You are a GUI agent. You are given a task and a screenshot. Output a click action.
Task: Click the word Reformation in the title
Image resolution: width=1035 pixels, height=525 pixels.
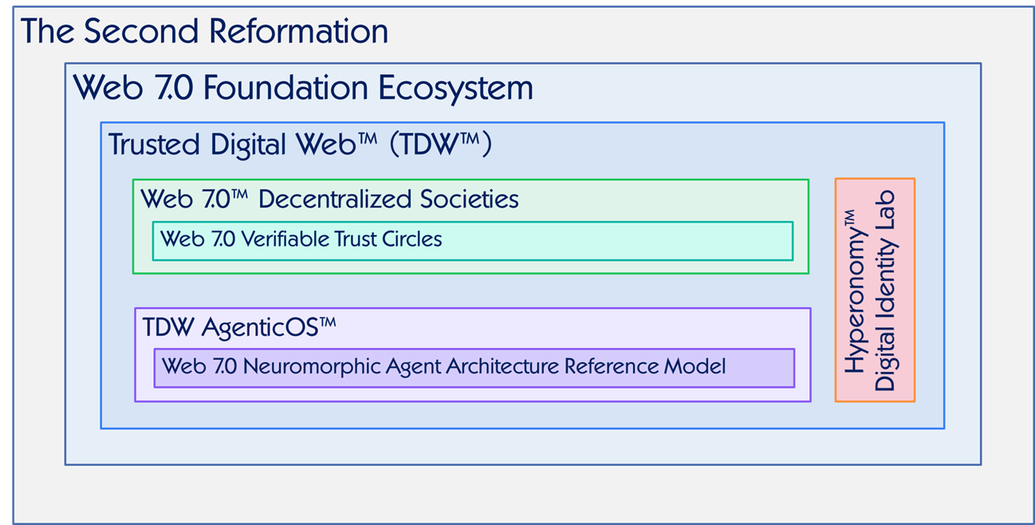(298, 31)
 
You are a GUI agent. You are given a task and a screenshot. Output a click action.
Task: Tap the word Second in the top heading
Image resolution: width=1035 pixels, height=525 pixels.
(141, 31)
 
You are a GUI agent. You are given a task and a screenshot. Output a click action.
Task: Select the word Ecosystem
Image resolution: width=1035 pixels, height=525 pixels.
(455, 88)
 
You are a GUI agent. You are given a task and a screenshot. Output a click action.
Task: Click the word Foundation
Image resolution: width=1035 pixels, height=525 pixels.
(285, 87)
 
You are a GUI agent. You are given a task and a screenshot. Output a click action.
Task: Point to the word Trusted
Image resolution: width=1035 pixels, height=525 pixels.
(154, 144)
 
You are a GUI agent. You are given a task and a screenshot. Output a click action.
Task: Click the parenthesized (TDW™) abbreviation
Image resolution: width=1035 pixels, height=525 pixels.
(441, 144)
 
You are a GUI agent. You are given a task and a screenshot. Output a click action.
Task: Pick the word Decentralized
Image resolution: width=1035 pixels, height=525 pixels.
(335, 199)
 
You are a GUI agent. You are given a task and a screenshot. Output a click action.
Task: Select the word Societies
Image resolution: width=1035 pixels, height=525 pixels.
(469, 199)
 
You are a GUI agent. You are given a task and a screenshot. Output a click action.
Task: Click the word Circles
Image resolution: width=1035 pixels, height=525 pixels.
(411, 239)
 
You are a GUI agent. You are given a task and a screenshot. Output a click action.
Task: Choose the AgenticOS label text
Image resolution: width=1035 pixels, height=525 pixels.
(269, 328)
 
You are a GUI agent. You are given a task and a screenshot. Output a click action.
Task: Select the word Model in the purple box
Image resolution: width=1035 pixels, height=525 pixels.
(695, 366)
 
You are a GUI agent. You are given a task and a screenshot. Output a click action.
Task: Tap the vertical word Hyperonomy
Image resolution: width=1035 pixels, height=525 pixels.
(856, 291)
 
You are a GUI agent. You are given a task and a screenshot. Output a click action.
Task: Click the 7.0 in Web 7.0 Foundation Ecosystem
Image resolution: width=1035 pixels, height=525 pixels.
(174, 87)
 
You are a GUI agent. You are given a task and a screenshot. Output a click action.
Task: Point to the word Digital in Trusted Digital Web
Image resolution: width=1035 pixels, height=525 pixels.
(248, 144)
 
